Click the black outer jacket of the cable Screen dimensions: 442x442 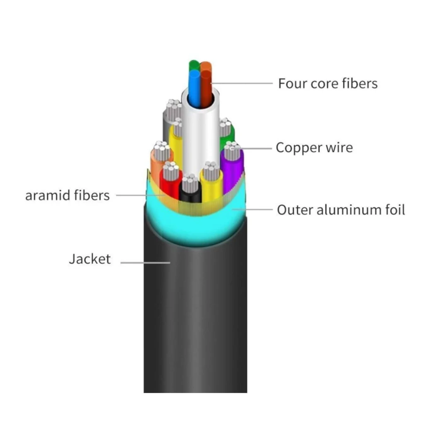195,315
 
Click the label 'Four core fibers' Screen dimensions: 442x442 328,83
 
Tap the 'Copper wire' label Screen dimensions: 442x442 314,148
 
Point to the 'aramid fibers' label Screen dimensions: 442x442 68,195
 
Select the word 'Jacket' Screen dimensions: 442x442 90,259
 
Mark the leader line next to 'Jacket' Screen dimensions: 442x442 145,262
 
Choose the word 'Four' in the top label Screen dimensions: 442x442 292,83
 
